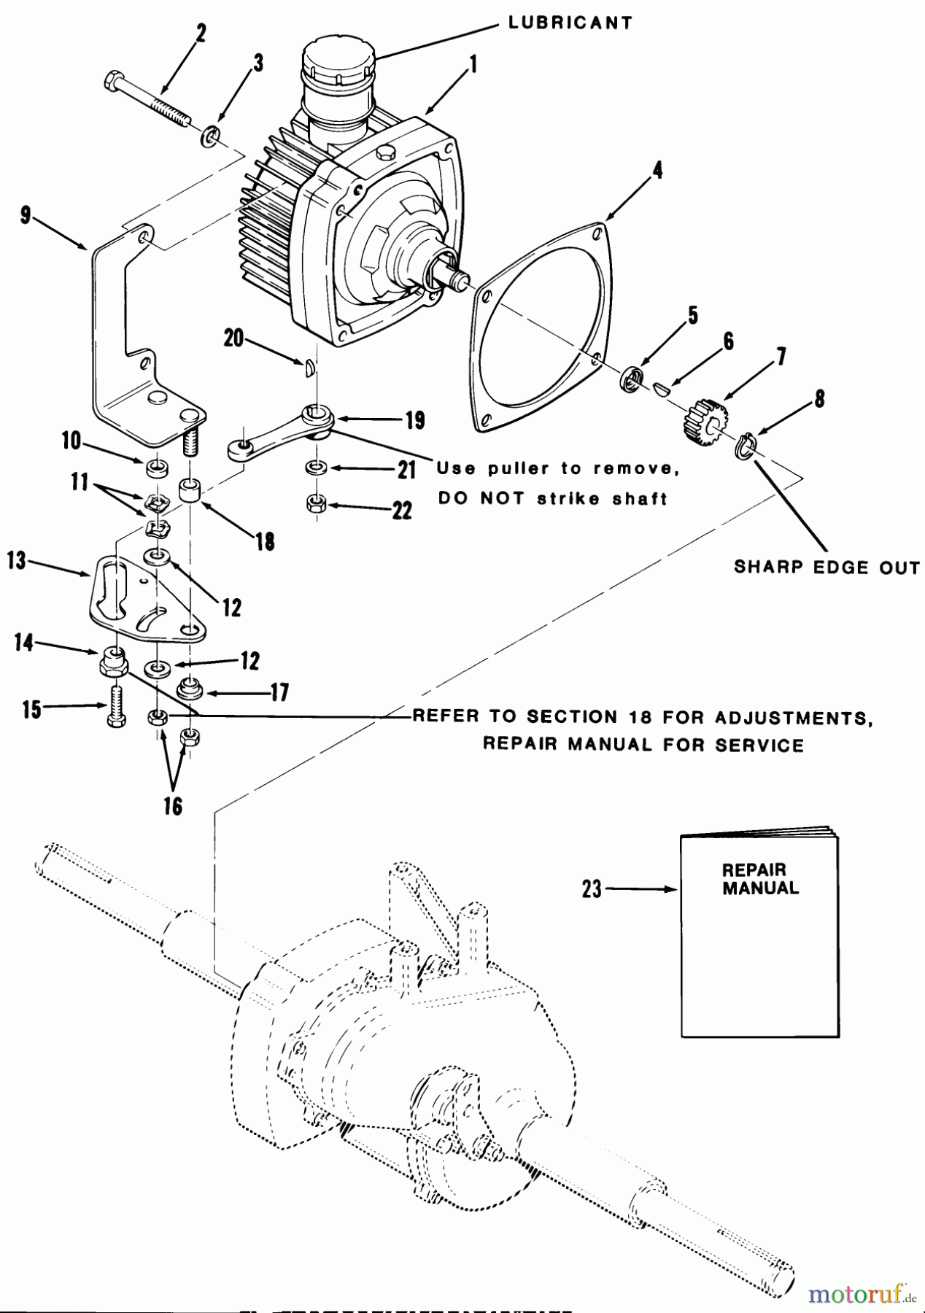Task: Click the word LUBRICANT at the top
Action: (x=570, y=23)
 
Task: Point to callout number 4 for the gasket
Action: (x=657, y=171)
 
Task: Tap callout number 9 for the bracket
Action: (x=26, y=217)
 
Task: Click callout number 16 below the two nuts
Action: (x=173, y=806)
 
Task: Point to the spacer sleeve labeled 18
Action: (x=190, y=492)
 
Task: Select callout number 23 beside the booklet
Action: (x=592, y=888)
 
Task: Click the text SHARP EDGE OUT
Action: (x=826, y=568)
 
